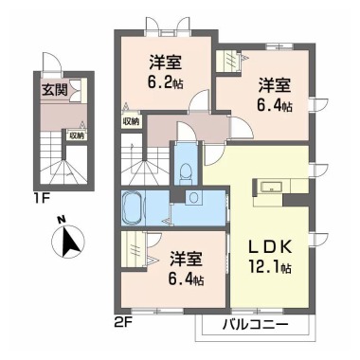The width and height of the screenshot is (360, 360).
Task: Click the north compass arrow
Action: point(67,243)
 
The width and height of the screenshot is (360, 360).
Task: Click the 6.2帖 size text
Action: point(165,82)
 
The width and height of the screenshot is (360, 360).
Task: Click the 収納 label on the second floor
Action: point(130,122)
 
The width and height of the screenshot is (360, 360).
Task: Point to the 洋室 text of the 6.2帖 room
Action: point(165,63)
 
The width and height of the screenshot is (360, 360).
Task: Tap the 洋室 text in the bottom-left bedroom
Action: point(185,257)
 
